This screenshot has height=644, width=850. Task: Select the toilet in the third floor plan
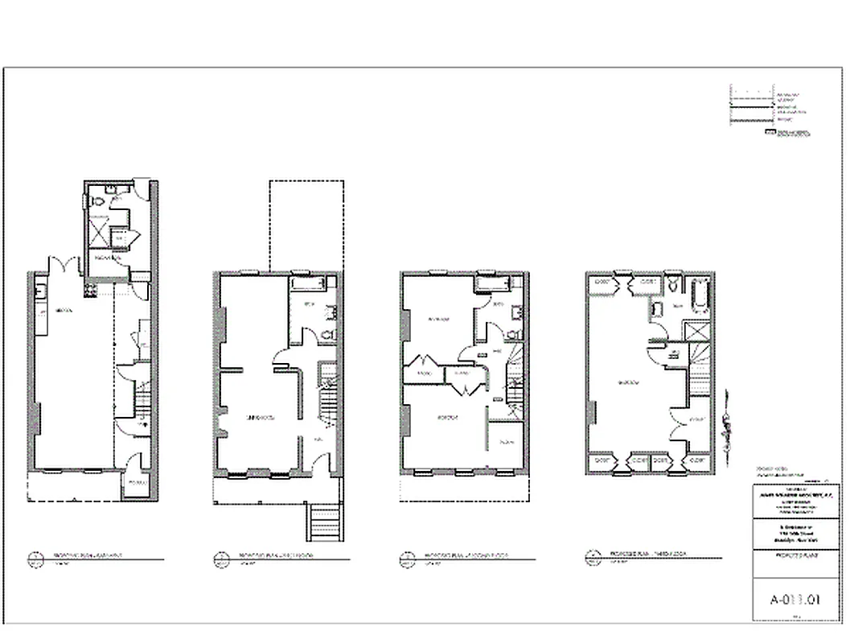pyautogui.click(x=675, y=284)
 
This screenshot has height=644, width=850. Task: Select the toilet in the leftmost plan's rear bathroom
pyautogui.click(x=97, y=200)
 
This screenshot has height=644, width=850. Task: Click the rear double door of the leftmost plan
pyautogui.click(x=64, y=265)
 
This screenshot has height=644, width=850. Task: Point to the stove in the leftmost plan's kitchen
pyautogui.click(x=91, y=287)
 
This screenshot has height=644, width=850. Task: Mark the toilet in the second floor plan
pyautogui.click(x=513, y=331)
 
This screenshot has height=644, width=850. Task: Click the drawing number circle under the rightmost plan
pyautogui.click(x=593, y=555)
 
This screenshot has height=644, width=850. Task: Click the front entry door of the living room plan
pyautogui.click(x=321, y=462)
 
